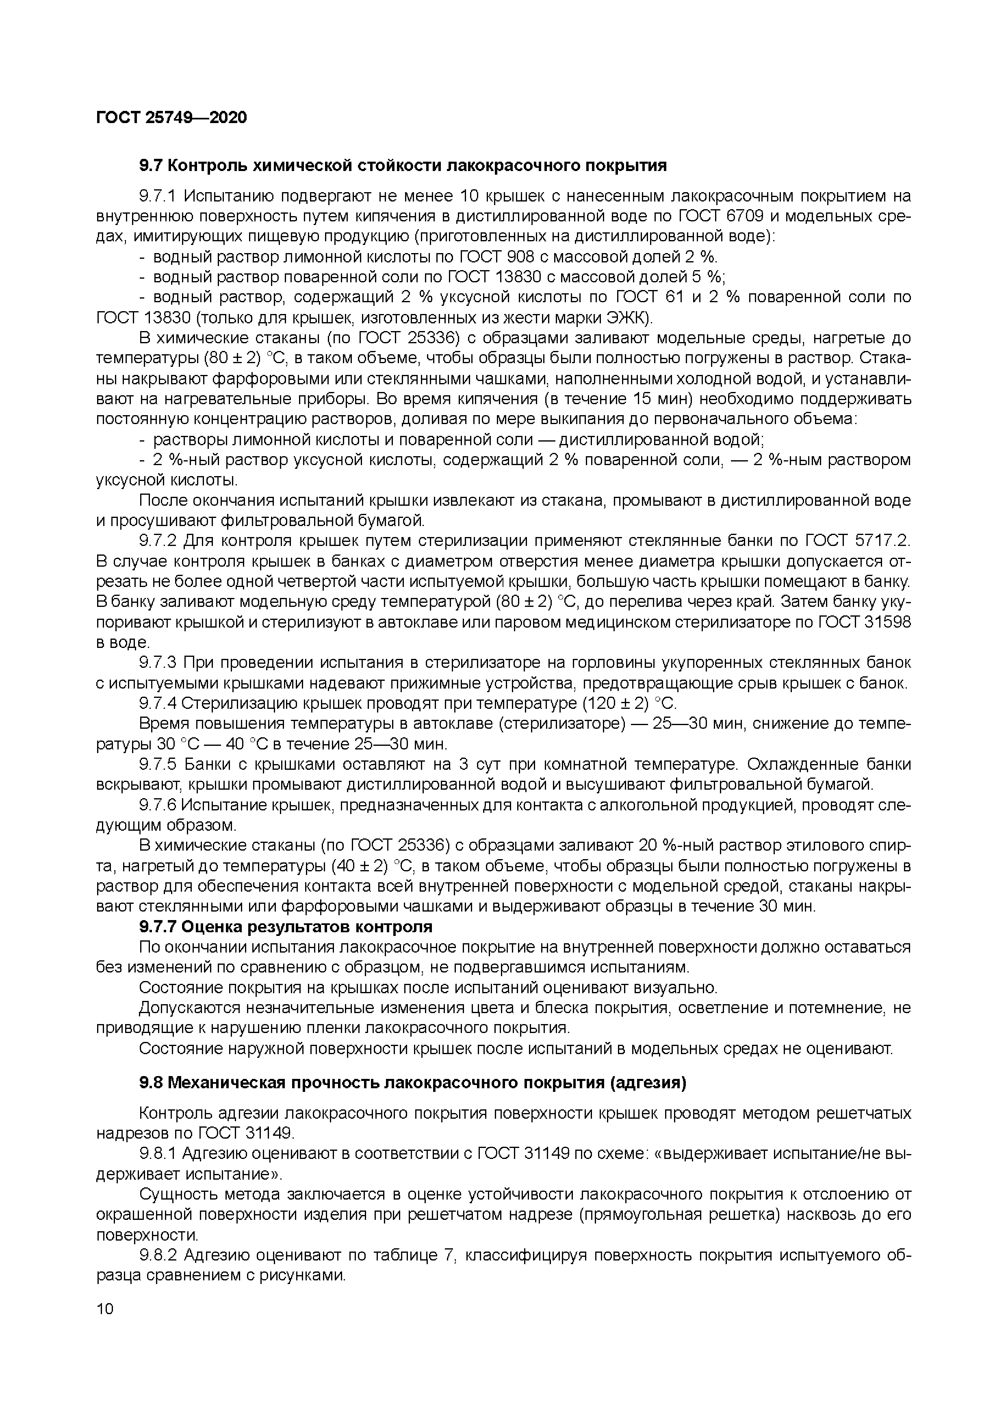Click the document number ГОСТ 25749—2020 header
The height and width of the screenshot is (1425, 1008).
point(171,117)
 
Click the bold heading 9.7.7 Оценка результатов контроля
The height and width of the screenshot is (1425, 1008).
point(286,927)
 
